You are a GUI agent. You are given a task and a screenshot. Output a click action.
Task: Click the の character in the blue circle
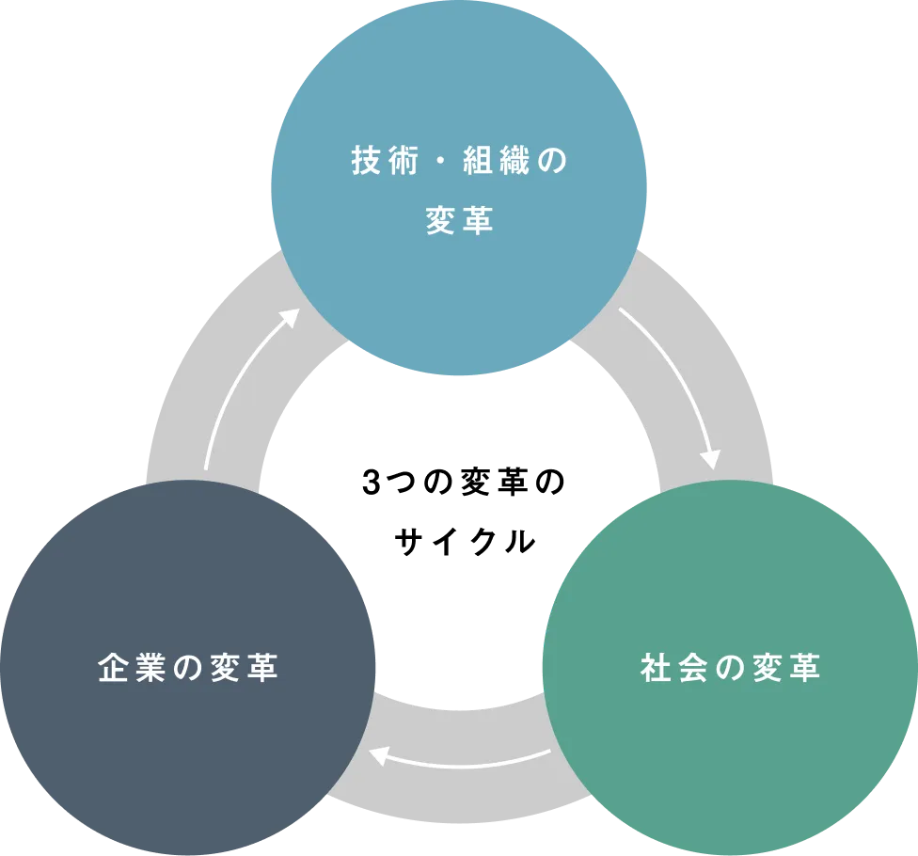pos(556,162)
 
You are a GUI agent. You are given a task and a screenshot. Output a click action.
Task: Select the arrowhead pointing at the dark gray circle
pos(379,754)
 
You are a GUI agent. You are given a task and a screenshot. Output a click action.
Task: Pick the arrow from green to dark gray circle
pos(461,764)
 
